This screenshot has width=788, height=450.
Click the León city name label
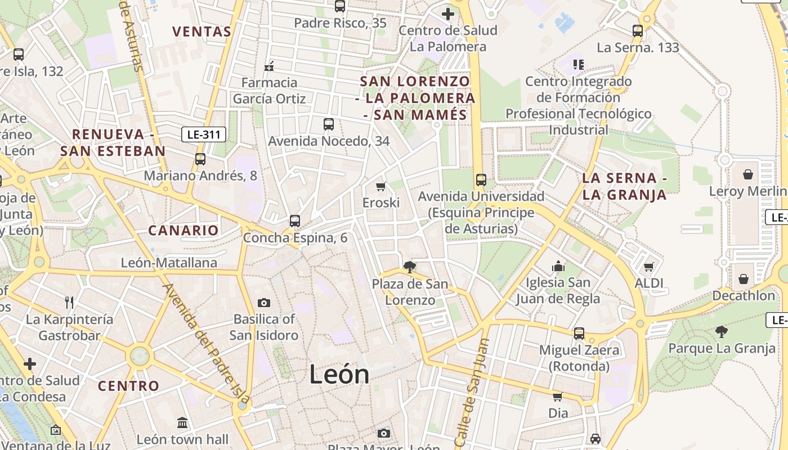tap(339, 375)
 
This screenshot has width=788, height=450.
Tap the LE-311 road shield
tap(204, 134)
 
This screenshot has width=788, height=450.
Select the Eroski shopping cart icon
tap(381, 186)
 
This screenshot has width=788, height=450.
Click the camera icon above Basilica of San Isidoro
tap(264, 303)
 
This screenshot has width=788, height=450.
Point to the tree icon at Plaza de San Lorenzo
tap(410, 267)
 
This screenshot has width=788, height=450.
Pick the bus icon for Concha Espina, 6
tap(295, 221)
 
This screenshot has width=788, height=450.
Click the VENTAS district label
tap(202, 31)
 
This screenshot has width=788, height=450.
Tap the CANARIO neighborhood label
tap(183, 230)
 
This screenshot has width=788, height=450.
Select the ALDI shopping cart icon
tap(649, 267)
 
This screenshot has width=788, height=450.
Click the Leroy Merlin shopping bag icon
tap(748, 175)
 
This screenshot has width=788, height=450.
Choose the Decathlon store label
tap(744, 295)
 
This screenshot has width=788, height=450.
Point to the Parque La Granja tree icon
tap(722, 332)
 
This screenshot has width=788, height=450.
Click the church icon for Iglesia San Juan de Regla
tap(558, 265)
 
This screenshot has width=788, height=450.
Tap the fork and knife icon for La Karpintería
tap(69, 303)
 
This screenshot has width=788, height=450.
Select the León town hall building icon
tap(182, 422)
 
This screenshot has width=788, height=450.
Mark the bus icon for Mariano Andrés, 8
tap(200, 159)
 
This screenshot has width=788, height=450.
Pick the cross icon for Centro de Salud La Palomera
tap(448, 14)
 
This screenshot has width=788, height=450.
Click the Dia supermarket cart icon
tap(558, 397)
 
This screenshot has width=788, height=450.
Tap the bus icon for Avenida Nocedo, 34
tap(329, 124)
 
